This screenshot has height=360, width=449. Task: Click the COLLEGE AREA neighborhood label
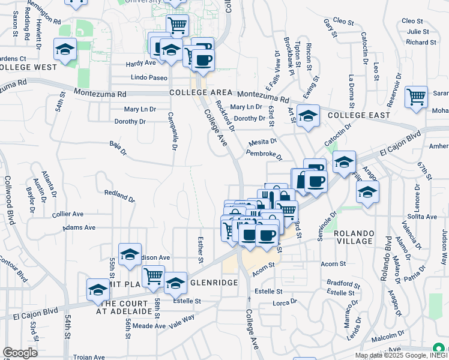pyautogui.click(x=200, y=93)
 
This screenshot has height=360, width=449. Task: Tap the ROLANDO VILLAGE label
pyautogui.click(x=354, y=236)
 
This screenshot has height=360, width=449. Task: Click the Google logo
pyautogui.click(x=20, y=353)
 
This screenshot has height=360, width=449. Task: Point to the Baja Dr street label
pyautogui.click(x=118, y=148)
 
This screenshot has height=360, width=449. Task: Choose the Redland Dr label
pyautogui.click(x=119, y=195)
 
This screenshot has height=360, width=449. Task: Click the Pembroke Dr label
pyautogui.click(x=264, y=155)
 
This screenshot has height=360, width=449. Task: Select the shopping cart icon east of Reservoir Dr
pyautogui.click(x=415, y=97)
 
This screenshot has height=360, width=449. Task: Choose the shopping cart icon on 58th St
pyautogui.click(x=153, y=276)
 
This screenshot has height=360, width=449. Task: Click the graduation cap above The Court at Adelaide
pyautogui.click(x=98, y=290)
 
